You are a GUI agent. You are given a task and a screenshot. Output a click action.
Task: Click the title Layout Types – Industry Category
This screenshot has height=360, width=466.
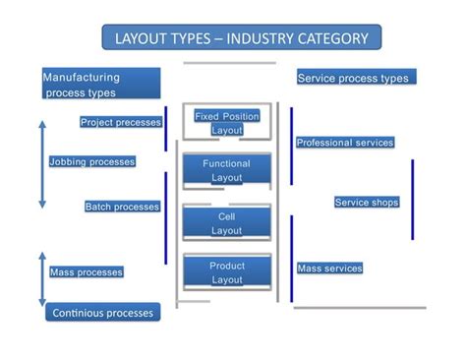(241, 39)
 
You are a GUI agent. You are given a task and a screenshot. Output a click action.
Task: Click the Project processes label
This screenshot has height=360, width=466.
(120, 122)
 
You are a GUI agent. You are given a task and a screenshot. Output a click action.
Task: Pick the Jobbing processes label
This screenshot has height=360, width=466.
(92, 161)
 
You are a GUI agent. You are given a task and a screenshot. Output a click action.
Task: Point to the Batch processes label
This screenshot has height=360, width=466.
(122, 207)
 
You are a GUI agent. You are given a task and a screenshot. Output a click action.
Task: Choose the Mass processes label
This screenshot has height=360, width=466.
(87, 271)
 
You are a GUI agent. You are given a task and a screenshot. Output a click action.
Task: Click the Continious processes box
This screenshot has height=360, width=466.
(102, 313)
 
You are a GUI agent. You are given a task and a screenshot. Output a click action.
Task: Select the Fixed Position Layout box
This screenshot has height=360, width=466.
(227, 123)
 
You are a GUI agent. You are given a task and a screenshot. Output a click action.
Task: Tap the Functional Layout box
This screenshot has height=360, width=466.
(227, 171)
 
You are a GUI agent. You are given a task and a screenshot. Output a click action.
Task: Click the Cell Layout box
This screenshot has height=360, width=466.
(227, 222)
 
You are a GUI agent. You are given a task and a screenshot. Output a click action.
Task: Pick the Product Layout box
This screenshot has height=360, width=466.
(227, 272)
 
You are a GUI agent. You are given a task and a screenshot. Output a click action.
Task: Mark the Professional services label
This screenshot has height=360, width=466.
(345, 143)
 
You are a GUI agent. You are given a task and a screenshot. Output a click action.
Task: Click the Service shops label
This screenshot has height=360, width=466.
(367, 202)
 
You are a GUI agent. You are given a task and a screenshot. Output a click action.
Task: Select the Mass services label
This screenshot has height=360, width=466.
(329, 268)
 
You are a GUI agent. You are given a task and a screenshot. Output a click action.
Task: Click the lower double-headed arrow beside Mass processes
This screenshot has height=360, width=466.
(41, 277)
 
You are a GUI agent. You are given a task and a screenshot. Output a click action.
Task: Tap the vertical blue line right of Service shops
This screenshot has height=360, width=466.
(413, 199)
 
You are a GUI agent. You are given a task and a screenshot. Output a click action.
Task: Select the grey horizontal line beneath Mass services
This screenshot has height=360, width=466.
(359, 308)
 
